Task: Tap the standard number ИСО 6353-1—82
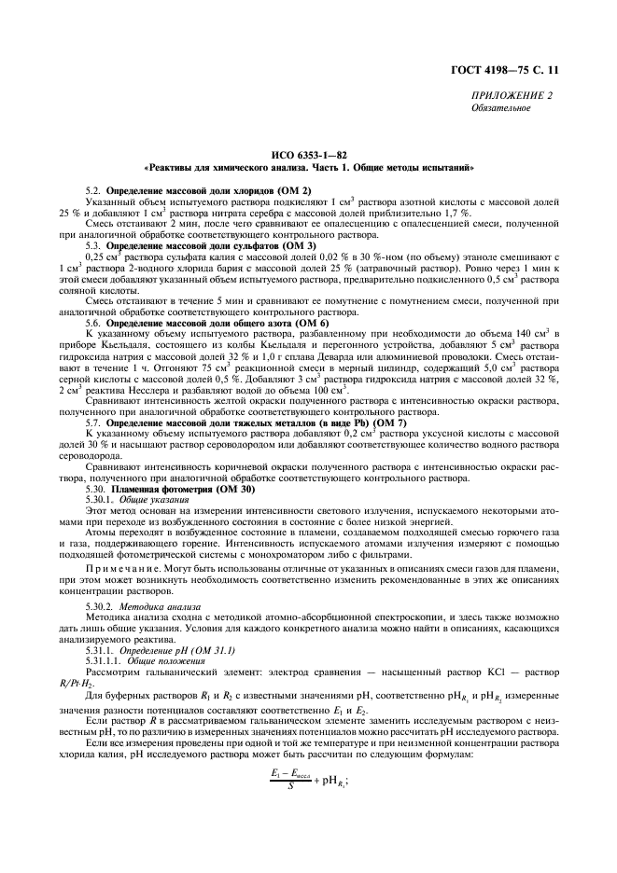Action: coord(308,156)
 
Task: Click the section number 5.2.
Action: coord(92,190)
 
